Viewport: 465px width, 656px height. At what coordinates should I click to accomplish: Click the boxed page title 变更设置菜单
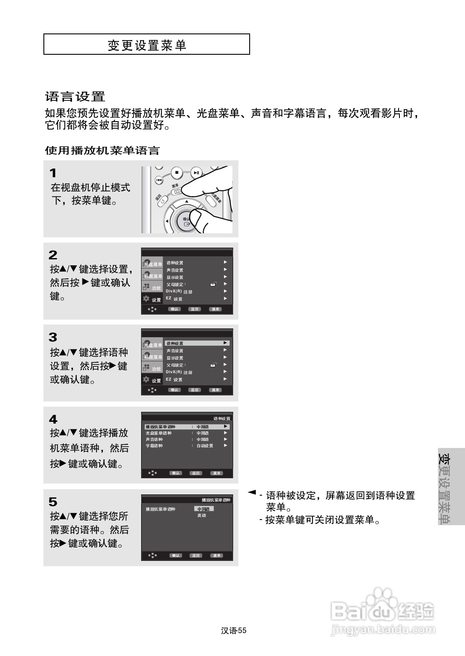tap(147, 45)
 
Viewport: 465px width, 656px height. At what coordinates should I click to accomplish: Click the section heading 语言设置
tap(75, 96)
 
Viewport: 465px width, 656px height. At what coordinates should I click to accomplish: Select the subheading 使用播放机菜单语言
tap(102, 151)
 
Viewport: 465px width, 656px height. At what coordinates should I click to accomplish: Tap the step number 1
tap(53, 173)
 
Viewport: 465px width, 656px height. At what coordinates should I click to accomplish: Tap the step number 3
tap(53, 337)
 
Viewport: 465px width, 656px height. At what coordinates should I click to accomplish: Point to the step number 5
tap(53, 502)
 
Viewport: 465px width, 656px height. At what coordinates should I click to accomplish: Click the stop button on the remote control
tap(177, 172)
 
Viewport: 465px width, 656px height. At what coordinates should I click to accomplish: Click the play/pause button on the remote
tap(197, 173)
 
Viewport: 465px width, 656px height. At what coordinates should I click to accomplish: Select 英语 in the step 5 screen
tap(202, 516)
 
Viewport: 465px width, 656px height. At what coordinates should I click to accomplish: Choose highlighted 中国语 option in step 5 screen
tap(204, 509)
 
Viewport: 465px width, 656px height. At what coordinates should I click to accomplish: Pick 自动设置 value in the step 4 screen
tap(204, 446)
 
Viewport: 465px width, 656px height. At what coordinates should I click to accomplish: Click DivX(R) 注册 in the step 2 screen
tap(179, 292)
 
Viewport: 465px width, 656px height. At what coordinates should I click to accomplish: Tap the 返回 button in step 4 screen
tap(196, 473)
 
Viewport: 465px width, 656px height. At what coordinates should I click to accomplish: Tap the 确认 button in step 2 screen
tap(174, 309)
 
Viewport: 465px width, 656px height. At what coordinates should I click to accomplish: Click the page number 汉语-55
tap(234, 631)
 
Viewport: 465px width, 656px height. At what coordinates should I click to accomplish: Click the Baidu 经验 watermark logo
tap(382, 611)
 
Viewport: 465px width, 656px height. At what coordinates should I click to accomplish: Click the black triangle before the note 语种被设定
tap(251, 493)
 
